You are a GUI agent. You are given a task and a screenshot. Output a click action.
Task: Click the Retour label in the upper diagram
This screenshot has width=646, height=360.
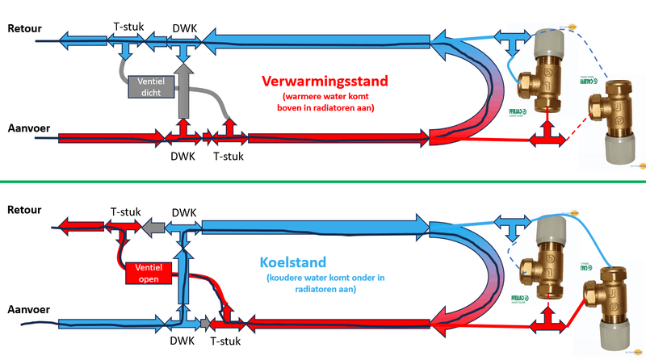coord(24,29)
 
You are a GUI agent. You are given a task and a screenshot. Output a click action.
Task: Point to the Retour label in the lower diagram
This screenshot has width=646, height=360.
coord(24,209)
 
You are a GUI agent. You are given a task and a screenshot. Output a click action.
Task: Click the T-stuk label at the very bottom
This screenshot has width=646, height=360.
coord(226,342)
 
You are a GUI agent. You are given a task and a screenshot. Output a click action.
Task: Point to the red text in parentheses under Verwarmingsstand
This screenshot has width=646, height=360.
coord(325,103)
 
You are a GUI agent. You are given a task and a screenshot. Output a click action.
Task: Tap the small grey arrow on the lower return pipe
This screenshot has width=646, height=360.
coord(150,227)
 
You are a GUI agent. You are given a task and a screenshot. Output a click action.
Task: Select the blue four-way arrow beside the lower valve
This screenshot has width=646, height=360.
coord(513,228)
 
